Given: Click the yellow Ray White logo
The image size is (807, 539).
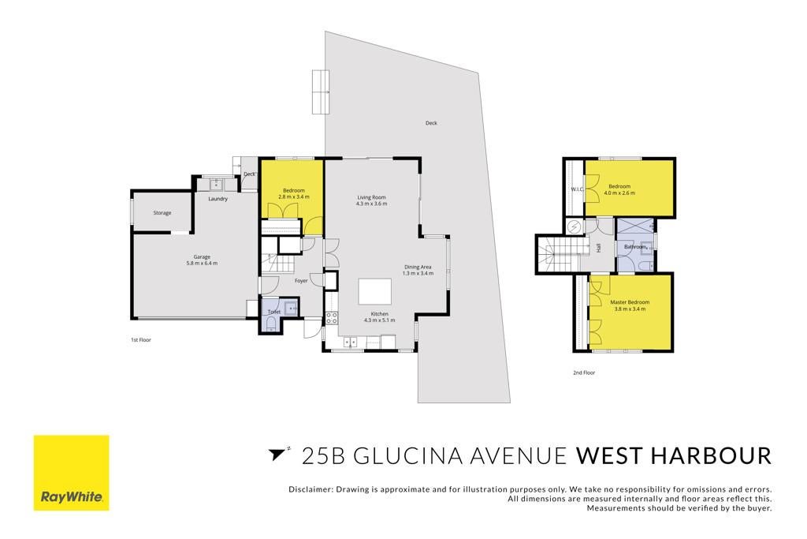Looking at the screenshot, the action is [71, 473].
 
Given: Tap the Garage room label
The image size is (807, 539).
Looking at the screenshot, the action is [202, 256].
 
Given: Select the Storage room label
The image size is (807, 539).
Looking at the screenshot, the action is [162, 213].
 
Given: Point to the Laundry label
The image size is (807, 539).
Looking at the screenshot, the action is [218, 199].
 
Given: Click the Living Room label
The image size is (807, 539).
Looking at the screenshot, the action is [372, 197].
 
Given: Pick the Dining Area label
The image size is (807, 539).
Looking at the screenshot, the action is [418, 267].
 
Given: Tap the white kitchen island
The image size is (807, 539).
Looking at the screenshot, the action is [374, 292].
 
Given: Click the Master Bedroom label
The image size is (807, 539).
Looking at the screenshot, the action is [630, 302].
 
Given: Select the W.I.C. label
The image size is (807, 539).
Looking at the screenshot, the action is [577, 189].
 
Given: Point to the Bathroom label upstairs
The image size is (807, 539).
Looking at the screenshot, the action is [635, 247].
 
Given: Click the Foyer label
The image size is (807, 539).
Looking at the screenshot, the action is [301, 281].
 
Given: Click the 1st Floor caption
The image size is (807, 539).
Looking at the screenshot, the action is [140, 340].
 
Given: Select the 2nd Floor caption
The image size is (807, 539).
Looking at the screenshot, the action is [584, 372].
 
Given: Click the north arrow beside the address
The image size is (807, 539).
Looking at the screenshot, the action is [277, 454].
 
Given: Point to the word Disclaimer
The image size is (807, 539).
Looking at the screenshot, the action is [311, 489].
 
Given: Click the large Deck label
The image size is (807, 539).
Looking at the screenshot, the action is [431, 123].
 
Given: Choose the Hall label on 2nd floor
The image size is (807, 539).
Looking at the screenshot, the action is [598, 248].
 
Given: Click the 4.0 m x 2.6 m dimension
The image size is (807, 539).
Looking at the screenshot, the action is [619, 193].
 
